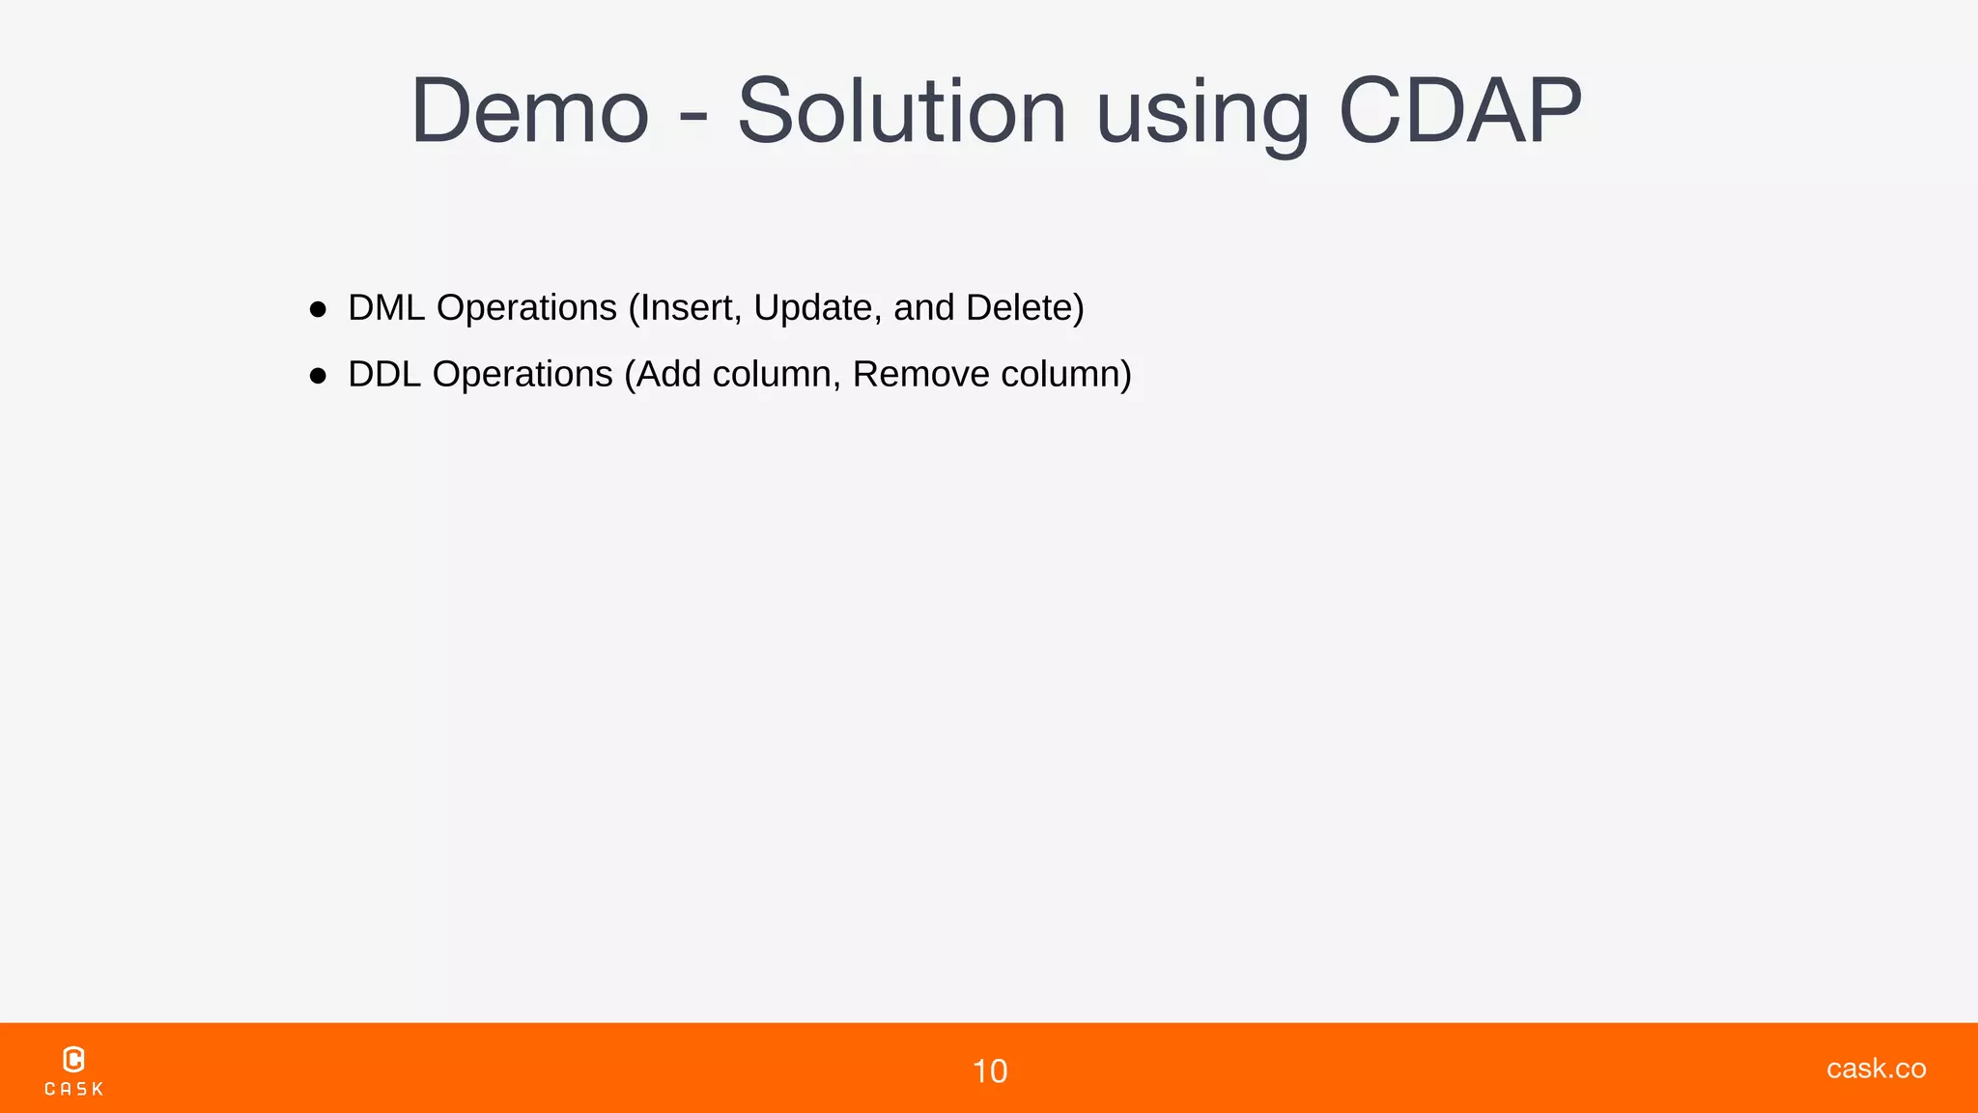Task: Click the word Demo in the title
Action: (529, 112)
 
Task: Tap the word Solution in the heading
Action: (901, 112)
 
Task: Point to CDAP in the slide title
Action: (1460, 112)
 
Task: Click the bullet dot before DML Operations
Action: (318, 309)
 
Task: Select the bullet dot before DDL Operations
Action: (318, 376)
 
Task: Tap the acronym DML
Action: (386, 308)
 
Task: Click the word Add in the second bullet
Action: (668, 375)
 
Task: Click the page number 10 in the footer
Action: (989, 1071)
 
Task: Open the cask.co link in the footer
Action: (1876, 1069)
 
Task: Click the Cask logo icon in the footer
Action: (73, 1059)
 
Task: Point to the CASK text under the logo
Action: (74, 1089)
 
